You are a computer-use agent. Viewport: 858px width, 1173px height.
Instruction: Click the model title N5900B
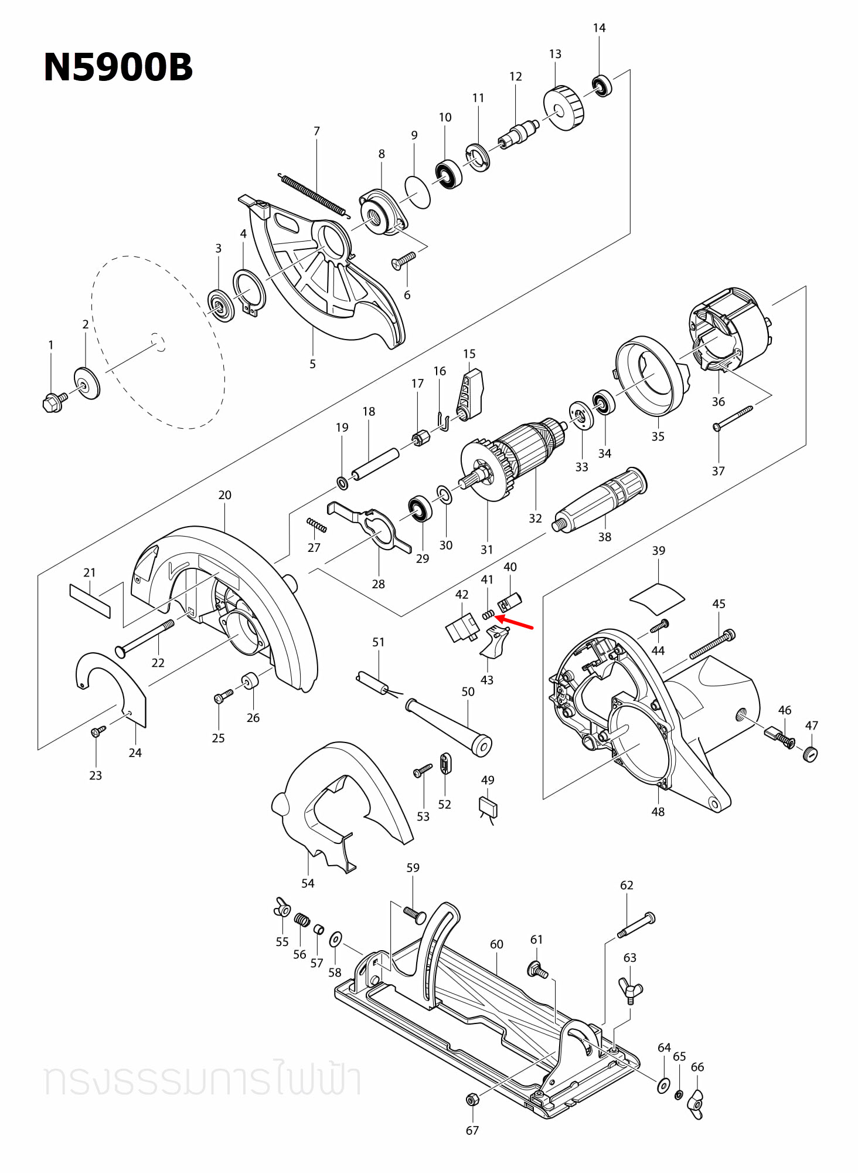pyautogui.click(x=118, y=67)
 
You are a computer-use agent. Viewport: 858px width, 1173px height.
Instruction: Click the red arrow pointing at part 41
pyautogui.click(x=516, y=622)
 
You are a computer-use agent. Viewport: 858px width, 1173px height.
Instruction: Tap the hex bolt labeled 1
pyautogui.click(x=53, y=402)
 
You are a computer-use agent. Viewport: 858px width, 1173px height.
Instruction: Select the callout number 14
pyautogui.click(x=599, y=28)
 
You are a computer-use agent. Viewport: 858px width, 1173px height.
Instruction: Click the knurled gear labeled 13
pyautogui.click(x=564, y=109)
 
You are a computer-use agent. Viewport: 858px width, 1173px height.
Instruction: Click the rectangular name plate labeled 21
pyautogui.click(x=90, y=601)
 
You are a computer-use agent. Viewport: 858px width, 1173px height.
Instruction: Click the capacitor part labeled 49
pyautogui.click(x=488, y=806)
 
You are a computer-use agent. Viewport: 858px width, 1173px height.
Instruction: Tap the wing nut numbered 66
pyautogui.click(x=696, y=1104)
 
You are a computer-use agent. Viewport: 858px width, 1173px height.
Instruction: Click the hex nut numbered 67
pyautogui.click(x=471, y=1099)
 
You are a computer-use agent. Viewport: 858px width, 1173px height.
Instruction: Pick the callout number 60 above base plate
pyautogui.click(x=496, y=944)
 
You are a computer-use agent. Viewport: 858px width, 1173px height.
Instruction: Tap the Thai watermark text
pyautogui.click(x=202, y=1080)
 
